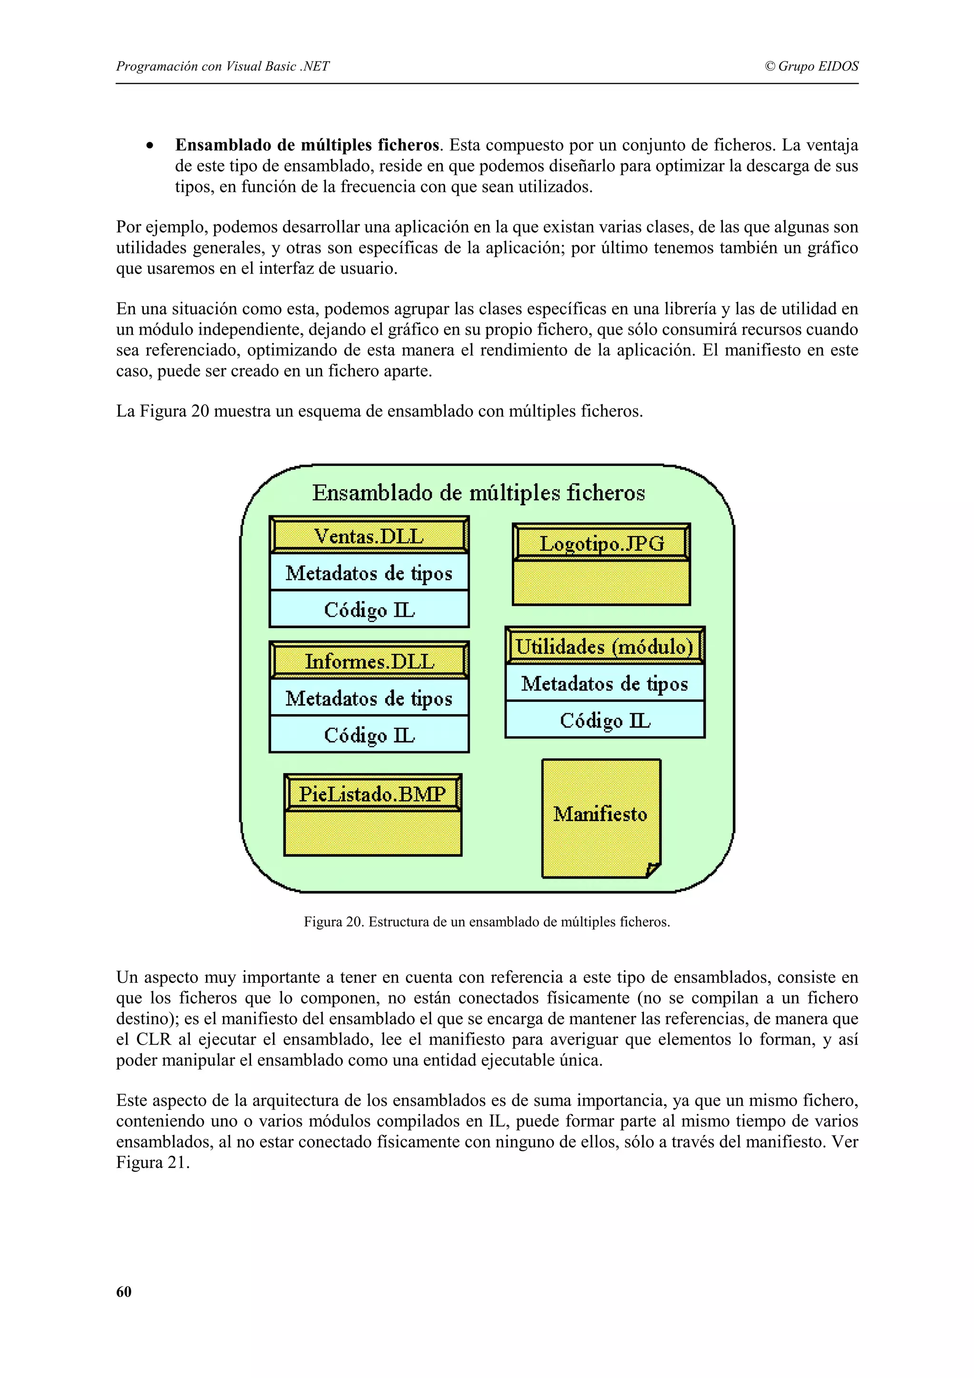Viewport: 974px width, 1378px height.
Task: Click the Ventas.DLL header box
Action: [369, 535]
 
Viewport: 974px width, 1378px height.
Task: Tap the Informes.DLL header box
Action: [369, 661]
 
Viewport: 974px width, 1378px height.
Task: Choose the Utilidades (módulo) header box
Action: [604, 646]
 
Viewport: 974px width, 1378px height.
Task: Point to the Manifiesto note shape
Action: [600, 814]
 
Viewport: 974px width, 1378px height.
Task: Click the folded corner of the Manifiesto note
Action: [653, 870]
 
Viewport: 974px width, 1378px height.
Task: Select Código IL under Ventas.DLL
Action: [369, 610]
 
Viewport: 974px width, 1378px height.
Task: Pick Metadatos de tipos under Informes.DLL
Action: [369, 698]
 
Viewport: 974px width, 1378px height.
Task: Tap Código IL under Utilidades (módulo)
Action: [604, 720]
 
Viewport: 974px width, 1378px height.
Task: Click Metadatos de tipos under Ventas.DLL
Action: [369, 573]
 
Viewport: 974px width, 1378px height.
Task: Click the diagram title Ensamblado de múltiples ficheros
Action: [478, 493]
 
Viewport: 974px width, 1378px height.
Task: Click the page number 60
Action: [124, 1291]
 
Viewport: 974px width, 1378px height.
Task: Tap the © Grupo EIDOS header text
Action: [811, 66]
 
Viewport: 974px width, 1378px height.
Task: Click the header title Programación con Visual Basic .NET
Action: [223, 66]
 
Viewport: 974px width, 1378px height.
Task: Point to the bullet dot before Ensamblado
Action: [149, 146]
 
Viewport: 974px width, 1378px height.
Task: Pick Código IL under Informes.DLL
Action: [369, 735]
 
